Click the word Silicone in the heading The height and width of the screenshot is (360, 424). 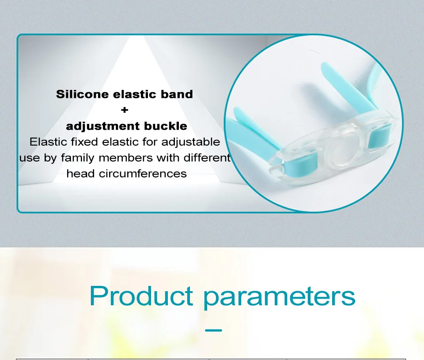(x=82, y=94)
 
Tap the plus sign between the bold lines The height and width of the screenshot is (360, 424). (x=125, y=110)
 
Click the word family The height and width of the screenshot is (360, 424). (x=78, y=158)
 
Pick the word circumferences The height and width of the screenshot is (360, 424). (x=143, y=174)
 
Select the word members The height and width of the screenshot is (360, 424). (x=125, y=158)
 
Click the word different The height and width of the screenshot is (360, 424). (x=207, y=158)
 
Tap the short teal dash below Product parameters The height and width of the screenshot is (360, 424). (x=213, y=330)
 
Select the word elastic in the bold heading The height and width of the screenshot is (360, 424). (x=135, y=94)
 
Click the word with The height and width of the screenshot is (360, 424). (x=168, y=158)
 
